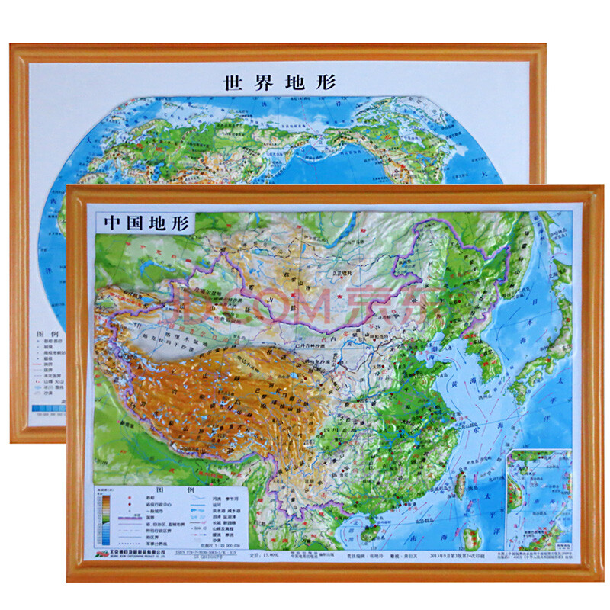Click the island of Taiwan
[x=461, y=482]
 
